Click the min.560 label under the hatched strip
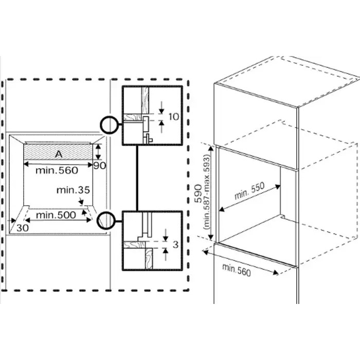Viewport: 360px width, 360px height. click(57, 170)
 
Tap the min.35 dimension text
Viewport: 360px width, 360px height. click(73, 190)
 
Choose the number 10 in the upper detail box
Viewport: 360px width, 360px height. click(174, 117)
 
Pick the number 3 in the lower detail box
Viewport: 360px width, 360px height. click(176, 245)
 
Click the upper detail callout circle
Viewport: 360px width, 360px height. click(109, 124)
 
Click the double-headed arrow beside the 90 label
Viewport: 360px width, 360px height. click(97, 152)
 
